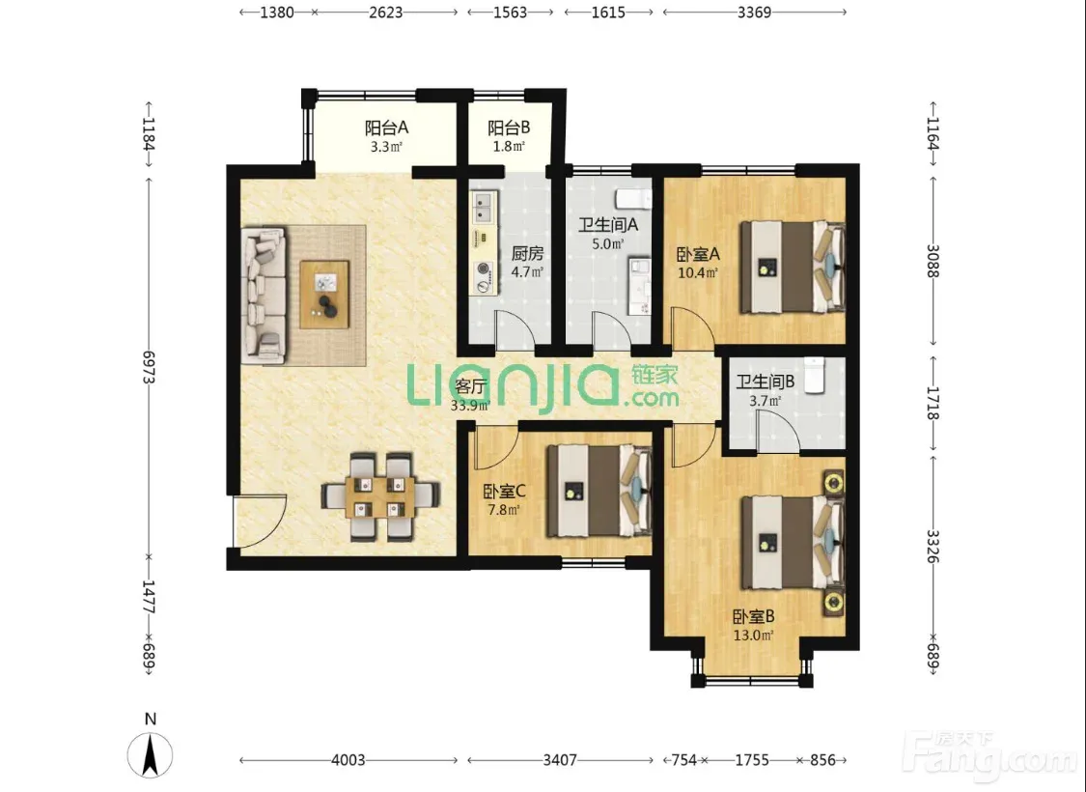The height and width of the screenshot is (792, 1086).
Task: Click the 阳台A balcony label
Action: pos(386,128)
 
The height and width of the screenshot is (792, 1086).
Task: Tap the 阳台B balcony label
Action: pos(509,128)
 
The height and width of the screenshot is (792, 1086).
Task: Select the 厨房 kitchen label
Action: pos(527,254)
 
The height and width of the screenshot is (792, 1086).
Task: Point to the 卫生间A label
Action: pos(608,225)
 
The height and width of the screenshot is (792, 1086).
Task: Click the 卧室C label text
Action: pos(504,492)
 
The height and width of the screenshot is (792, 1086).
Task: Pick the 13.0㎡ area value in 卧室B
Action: pos(754,635)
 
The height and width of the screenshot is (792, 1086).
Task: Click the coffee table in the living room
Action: pos(324,294)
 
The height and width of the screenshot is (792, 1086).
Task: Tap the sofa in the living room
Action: pos(264,296)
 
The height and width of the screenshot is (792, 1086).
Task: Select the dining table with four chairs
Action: pos(380,496)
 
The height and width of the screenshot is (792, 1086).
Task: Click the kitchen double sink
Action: pos(484,208)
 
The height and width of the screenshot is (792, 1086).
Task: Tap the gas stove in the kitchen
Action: pos(484,276)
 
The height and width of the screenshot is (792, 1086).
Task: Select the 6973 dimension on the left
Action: pos(149,367)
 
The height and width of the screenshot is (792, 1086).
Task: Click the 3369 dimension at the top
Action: pos(754,12)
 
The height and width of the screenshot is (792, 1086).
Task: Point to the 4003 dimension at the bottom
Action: pos(348,760)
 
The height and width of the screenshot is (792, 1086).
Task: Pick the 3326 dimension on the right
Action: pos(933,546)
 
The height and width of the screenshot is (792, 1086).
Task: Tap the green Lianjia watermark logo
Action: pos(543,385)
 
